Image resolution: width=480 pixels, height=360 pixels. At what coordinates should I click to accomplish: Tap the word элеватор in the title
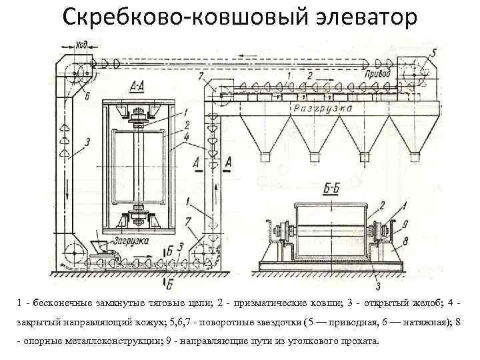click(x=356, y=17)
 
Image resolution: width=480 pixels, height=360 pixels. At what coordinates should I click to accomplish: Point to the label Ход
click(x=81, y=46)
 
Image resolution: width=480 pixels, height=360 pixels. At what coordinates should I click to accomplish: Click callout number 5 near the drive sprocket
click(x=434, y=51)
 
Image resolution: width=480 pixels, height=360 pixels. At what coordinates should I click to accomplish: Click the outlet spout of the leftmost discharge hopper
click(x=265, y=157)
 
